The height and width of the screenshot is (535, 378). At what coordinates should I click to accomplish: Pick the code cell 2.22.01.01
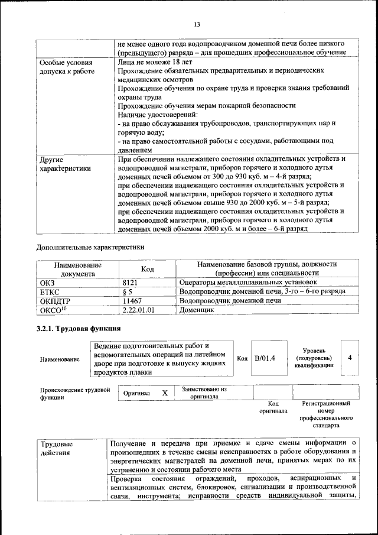pyautogui.click(x=138, y=309)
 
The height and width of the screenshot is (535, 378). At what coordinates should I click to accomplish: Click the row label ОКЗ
pyautogui.click(x=47, y=283)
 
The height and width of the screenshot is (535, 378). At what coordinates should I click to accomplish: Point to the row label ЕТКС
pyautogui.click(x=50, y=291)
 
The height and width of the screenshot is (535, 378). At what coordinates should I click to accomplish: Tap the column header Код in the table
pyautogui.click(x=148, y=269)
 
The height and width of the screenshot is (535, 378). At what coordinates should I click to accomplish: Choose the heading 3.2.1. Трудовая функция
pyautogui.click(x=79, y=329)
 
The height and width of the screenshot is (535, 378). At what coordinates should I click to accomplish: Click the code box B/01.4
pyautogui.click(x=265, y=358)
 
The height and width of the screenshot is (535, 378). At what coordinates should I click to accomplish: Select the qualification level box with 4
pyautogui.click(x=350, y=358)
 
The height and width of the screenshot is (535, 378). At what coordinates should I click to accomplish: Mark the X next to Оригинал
pyautogui.click(x=165, y=393)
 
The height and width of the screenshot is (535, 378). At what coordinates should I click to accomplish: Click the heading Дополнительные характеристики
pyautogui.click(x=90, y=247)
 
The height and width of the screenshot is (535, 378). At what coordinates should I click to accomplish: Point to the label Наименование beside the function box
pyautogui.click(x=60, y=359)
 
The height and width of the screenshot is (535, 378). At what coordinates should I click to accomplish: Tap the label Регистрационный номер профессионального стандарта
pyautogui.click(x=325, y=414)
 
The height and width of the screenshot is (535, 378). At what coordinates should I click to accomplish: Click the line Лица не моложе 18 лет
pyautogui.click(x=155, y=61)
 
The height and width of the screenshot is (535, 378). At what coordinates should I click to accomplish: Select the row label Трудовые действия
pyautogui.click(x=56, y=448)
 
